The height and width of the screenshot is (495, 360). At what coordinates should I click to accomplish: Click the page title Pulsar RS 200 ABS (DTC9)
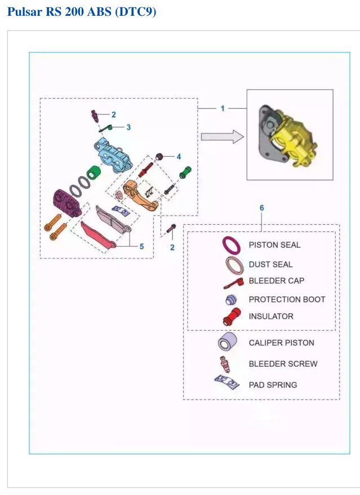(x=82, y=12)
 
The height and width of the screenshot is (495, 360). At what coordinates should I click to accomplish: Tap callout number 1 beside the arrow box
(x=223, y=109)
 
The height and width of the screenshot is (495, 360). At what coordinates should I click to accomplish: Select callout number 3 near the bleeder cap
(x=128, y=127)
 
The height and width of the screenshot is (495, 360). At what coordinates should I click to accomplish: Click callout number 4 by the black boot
(x=179, y=157)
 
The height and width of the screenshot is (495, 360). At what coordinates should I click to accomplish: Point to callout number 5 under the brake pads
(x=141, y=246)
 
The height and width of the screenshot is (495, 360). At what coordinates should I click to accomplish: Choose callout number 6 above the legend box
(x=261, y=208)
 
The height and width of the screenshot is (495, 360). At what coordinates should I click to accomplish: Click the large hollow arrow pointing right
(x=223, y=137)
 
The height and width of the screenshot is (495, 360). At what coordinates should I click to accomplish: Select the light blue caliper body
(x=113, y=155)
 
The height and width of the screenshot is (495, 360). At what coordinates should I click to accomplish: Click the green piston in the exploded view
(x=94, y=172)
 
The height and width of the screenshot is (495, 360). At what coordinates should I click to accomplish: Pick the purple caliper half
(x=68, y=203)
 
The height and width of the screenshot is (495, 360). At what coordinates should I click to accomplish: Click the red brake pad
(x=98, y=235)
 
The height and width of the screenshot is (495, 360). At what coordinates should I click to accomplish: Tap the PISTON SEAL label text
(x=274, y=245)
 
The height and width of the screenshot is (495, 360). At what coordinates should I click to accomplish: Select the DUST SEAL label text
(x=270, y=264)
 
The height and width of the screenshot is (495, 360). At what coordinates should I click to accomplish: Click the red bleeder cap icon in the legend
(x=234, y=283)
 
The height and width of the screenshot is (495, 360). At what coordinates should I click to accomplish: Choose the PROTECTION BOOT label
(x=287, y=299)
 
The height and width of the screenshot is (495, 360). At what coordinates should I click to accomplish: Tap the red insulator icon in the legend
(x=232, y=316)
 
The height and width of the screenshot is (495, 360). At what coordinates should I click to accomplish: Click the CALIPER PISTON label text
(x=281, y=343)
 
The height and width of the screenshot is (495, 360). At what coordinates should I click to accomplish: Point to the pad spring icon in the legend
(x=226, y=382)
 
